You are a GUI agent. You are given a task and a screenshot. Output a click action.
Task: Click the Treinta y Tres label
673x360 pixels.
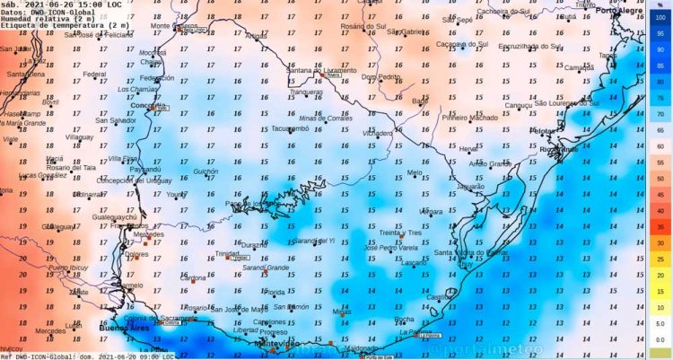click(403, 233)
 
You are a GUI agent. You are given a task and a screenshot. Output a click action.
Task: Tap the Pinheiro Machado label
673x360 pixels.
click(470, 118)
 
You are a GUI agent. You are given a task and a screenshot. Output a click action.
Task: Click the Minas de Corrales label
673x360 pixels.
click(326, 119)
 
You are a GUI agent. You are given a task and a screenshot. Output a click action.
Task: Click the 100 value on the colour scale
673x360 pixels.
click(660, 17)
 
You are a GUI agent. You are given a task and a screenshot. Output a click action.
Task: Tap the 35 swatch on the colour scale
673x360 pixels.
click(660, 227)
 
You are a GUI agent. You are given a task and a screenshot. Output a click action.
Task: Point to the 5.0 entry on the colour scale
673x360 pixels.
click(660, 323)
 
